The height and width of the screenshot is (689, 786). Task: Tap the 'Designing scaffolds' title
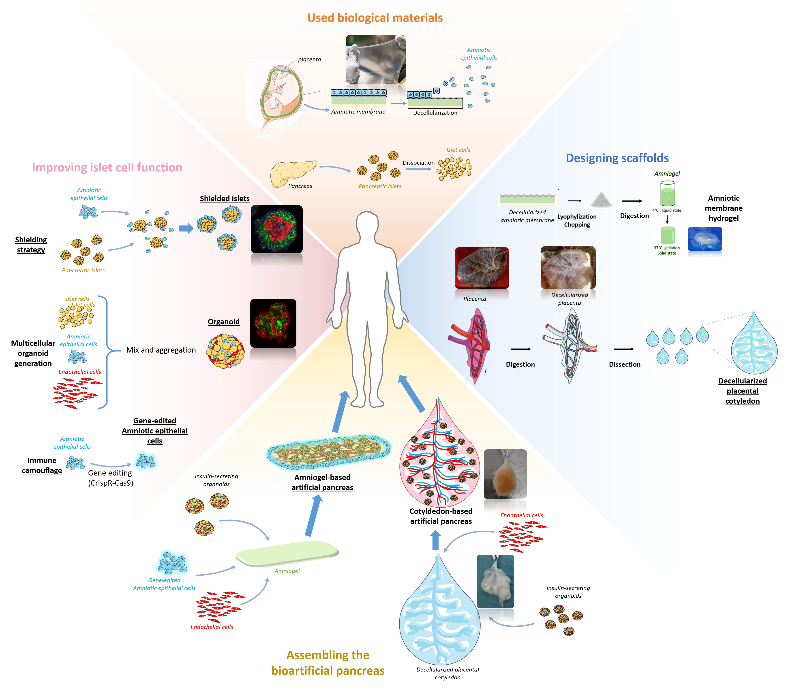pyautogui.click(x=617, y=158)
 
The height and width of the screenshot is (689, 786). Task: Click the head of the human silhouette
pyautogui.click(x=367, y=225)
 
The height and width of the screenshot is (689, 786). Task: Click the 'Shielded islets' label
pyautogui.click(x=225, y=198)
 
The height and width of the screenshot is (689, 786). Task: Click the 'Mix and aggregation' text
pyautogui.click(x=161, y=350)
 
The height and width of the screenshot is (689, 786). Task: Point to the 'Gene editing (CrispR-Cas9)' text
pyautogui.click(x=110, y=478)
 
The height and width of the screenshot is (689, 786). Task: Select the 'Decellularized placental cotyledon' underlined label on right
pyautogui.click(x=742, y=391)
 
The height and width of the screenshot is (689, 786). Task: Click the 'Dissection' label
pyautogui.click(x=625, y=364)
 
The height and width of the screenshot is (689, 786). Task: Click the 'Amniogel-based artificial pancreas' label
pyautogui.click(x=322, y=482)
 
